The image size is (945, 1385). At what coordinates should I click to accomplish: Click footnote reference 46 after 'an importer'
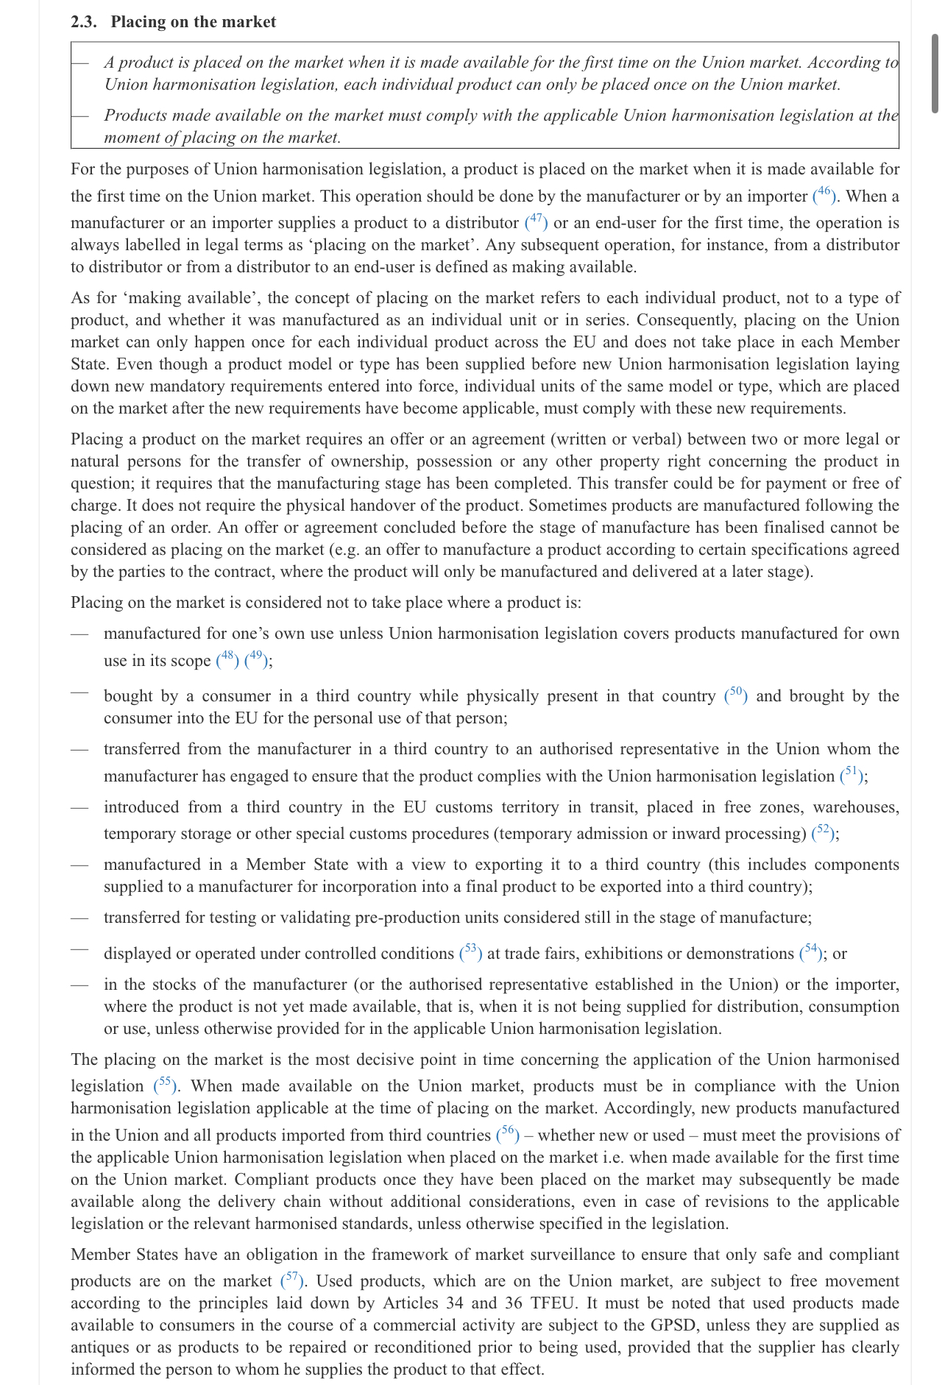click(x=824, y=194)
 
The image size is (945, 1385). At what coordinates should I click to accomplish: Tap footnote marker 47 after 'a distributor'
click(x=536, y=221)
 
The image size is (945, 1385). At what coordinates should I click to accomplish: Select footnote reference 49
click(x=255, y=659)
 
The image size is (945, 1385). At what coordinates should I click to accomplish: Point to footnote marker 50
click(x=736, y=694)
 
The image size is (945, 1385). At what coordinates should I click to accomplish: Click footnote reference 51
click(x=852, y=774)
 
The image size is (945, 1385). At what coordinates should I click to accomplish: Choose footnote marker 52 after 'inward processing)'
click(x=823, y=832)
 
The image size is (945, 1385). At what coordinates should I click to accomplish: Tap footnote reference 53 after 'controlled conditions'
click(x=471, y=952)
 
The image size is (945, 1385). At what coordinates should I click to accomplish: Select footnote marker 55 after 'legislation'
click(x=165, y=1084)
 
